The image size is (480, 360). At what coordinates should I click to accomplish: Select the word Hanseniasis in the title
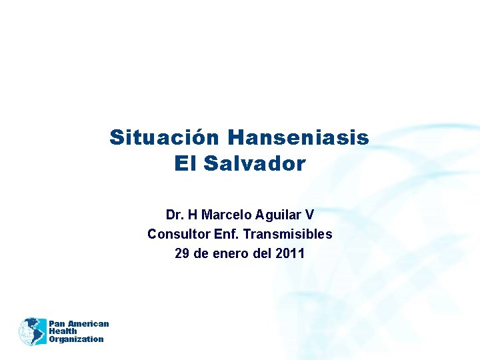pyautogui.click(x=298, y=137)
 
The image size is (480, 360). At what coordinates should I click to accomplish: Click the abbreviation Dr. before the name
pyautogui.click(x=175, y=215)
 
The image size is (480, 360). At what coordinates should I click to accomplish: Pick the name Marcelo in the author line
pyautogui.click(x=224, y=215)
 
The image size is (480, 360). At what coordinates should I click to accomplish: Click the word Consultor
pyautogui.click(x=176, y=235)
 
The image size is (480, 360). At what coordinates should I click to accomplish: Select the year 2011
pyautogui.click(x=291, y=254)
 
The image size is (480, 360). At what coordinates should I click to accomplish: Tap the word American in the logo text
pyautogui.click(x=88, y=324)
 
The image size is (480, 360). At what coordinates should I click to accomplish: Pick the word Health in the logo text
pyautogui.click(x=63, y=331)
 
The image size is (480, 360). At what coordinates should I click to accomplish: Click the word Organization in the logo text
pyautogui.click(x=76, y=339)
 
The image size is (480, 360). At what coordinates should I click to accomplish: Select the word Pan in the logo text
pyautogui.click(x=57, y=324)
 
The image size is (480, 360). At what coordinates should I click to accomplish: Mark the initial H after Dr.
pyautogui.click(x=193, y=215)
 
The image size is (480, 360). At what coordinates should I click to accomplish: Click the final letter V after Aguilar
pyautogui.click(x=309, y=215)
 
